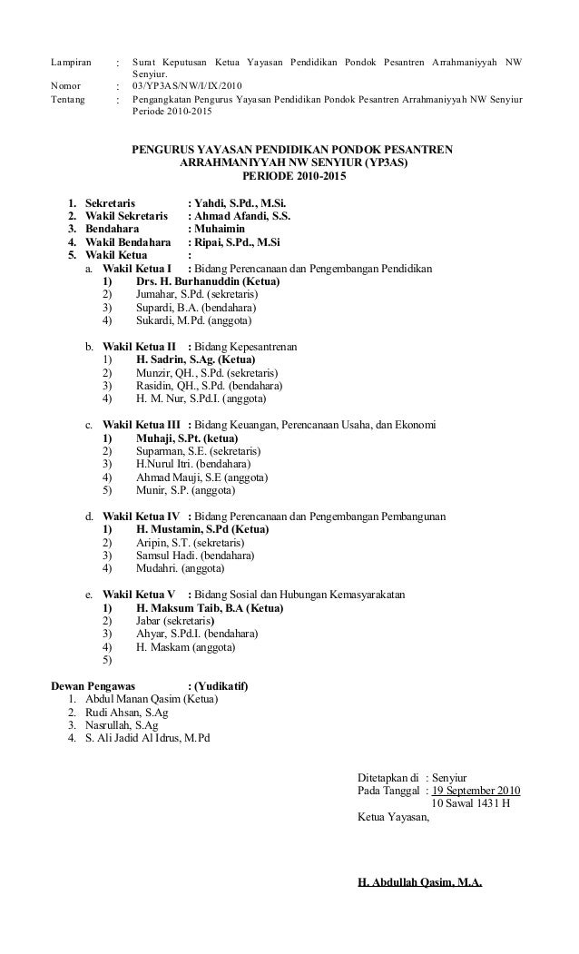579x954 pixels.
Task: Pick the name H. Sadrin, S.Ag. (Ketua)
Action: click(x=196, y=359)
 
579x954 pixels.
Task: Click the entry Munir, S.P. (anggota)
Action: click(x=185, y=491)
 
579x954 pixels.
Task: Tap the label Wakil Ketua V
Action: click(x=139, y=595)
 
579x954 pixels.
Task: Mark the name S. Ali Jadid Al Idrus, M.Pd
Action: click(x=146, y=738)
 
